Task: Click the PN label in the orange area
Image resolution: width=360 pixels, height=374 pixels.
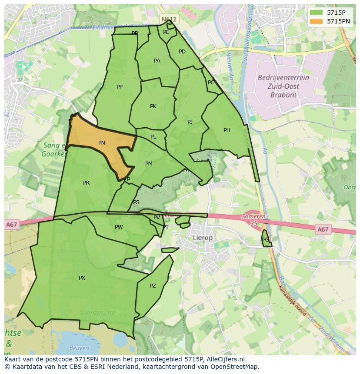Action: pos(102,143)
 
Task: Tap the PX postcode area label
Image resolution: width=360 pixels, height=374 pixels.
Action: pos(82,278)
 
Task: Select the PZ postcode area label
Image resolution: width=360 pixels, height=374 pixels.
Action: pos(153,286)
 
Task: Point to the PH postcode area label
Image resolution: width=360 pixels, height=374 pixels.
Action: pos(227,130)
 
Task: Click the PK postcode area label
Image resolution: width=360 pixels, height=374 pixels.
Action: pos(153,106)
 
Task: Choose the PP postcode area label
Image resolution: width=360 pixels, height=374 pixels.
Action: pos(120,87)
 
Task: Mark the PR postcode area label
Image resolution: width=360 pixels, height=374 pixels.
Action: pos(86,183)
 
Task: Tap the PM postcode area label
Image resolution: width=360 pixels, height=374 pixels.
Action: pos(149,164)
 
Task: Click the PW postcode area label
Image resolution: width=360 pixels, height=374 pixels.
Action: pos(119,227)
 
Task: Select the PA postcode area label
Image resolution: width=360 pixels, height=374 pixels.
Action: pos(157,61)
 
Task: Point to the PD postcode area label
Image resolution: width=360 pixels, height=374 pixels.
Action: pos(182,52)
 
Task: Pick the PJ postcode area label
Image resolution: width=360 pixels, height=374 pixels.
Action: pos(190,122)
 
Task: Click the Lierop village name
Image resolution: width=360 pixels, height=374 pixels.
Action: pos(203,238)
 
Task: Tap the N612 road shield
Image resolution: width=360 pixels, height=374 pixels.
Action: pos(169,20)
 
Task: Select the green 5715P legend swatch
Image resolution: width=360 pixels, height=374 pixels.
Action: pos(317,13)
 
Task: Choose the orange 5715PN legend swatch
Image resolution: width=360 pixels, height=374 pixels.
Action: pos(317,21)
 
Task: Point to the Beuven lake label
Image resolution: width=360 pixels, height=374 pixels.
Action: pos(79,348)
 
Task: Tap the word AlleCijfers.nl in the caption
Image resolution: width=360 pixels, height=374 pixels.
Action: pos(226,359)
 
